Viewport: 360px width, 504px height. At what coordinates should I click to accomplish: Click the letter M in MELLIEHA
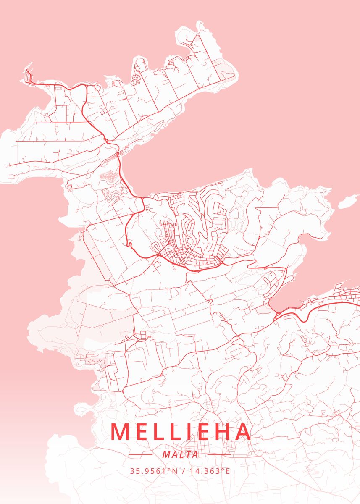pyautogui.click(x=120, y=432)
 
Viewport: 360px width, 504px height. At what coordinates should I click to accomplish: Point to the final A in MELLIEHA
pyautogui.click(x=242, y=432)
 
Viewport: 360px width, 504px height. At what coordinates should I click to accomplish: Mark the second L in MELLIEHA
pyautogui.click(x=172, y=432)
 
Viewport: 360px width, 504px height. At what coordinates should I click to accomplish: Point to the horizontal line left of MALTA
pyautogui.click(x=141, y=454)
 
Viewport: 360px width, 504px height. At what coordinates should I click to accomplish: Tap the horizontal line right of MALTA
pyautogui.click(x=219, y=454)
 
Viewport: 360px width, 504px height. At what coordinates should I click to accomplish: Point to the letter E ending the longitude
pyautogui.click(x=228, y=471)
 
